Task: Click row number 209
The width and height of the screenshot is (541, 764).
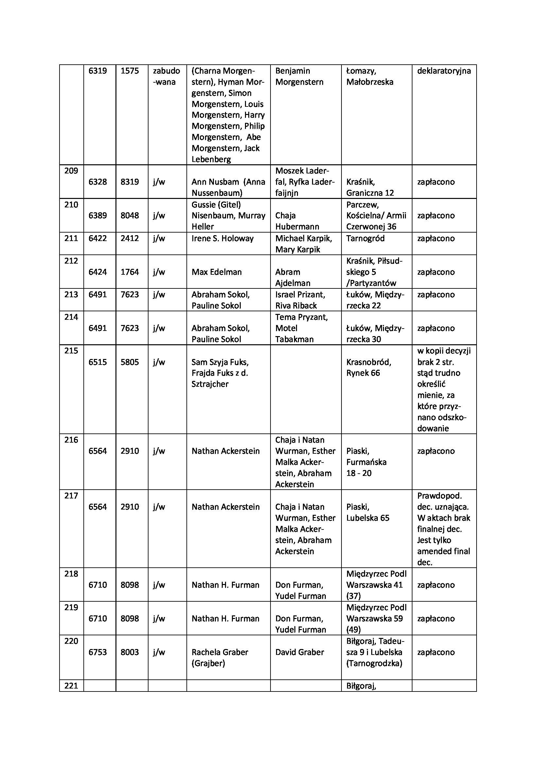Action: pyautogui.click(x=71, y=171)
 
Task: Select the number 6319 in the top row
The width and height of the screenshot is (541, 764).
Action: pyautogui.click(x=97, y=71)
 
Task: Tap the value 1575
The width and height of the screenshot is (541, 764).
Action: pyautogui.click(x=130, y=71)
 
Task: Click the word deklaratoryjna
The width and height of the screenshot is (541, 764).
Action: pyautogui.click(x=444, y=71)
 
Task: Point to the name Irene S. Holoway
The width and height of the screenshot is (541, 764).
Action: pyautogui.click(x=222, y=238)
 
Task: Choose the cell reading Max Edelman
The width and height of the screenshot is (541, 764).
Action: pyautogui.click(x=216, y=272)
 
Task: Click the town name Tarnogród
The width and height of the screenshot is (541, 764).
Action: pyautogui.click(x=365, y=238)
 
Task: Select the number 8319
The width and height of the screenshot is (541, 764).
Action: pyautogui.click(x=130, y=182)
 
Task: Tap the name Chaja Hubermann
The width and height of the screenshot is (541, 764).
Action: pyautogui.click(x=297, y=221)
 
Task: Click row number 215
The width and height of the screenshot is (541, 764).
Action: pyautogui.click(x=71, y=350)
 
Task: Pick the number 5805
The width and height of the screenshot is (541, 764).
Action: pyautogui.click(x=130, y=362)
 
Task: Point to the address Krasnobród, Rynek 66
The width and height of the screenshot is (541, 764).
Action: pyautogui.click(x=368, y=367)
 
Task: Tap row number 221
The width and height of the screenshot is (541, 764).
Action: pyautogui.click(x=71, y=686)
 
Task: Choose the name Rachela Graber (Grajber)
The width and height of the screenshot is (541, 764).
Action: pyautogui.click(x=219, y=658)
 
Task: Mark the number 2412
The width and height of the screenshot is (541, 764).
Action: pyautogui.click(x=130, y=238)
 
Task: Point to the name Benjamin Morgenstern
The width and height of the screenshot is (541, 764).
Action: pyautogui.click(x=299, y=76)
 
